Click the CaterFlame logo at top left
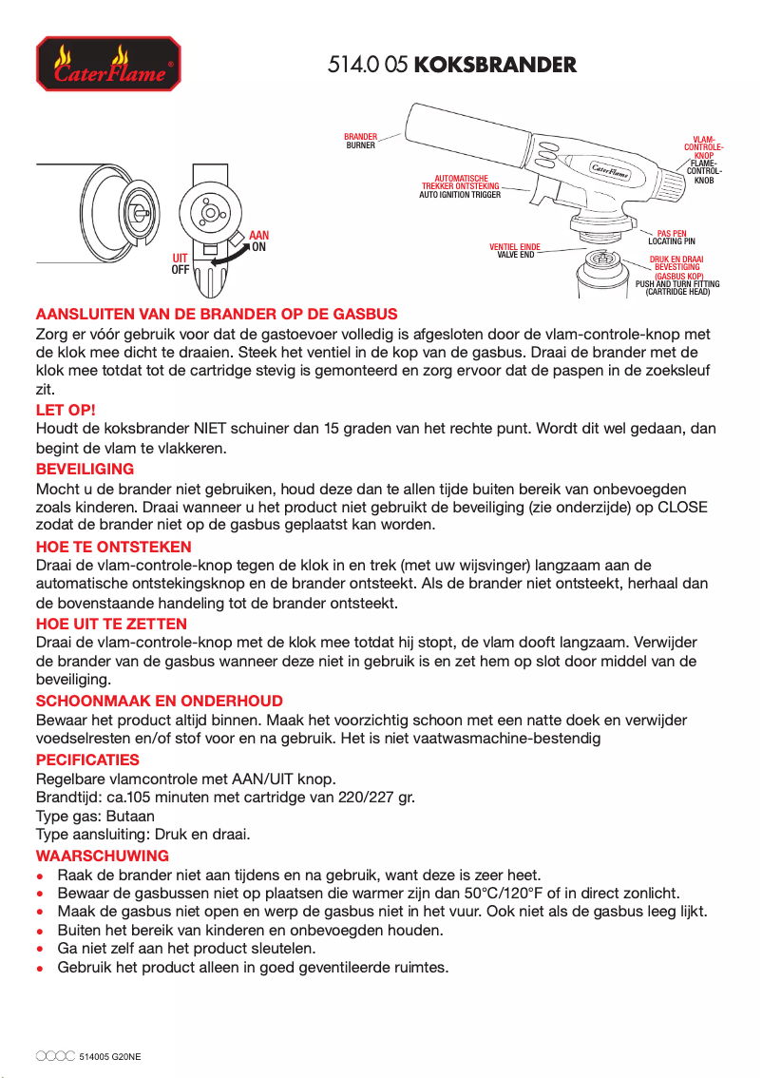click(x=106, y=65)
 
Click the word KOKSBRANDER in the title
click(x=496, y=66)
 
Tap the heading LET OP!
click(x=66, y=410)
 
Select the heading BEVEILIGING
click(x=85, y=469)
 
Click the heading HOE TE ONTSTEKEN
click(x=113, y=547)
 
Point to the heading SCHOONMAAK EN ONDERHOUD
click(x=159, y=702)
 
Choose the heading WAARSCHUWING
click(x=102, y=856)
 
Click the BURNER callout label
click(x=361, y=145)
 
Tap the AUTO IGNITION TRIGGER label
click(x=460, y=195)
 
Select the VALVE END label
click(x=515, y=255)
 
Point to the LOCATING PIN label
click(x=671, y=241)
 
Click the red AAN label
click(x=258, y=235)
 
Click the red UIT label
click(x=180, y=259)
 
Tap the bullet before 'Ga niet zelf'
click(x=39, y=949)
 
